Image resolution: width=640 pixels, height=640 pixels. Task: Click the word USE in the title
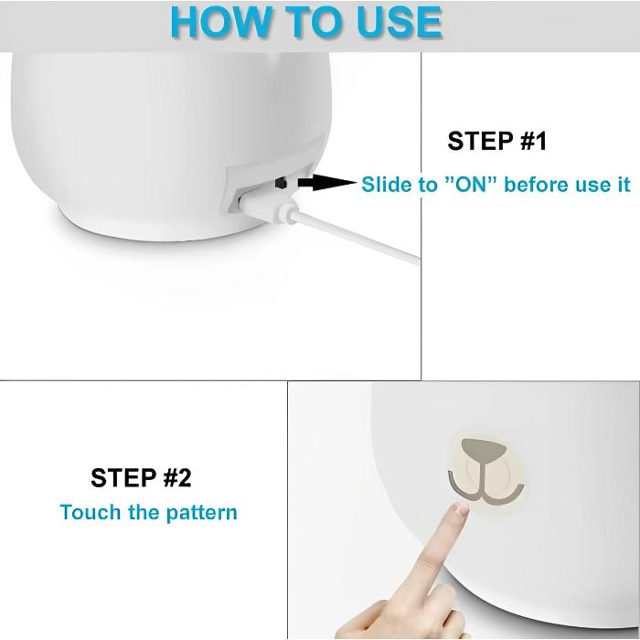400,22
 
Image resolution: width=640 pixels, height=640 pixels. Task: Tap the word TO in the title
315,22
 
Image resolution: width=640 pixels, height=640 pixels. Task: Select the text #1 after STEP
533,141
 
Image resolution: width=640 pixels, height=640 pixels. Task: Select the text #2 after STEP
177,477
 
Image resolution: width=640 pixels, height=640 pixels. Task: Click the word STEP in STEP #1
480,141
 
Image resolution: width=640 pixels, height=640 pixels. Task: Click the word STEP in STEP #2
123,477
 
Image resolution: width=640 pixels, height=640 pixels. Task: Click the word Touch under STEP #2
91,512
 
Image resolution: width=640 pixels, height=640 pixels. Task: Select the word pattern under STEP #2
202,513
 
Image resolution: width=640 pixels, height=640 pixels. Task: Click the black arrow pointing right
327,182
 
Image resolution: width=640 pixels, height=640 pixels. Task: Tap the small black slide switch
281,183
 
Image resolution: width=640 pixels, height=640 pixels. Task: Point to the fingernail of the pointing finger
463,508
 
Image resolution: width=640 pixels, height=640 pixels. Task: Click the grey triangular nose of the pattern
484,450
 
